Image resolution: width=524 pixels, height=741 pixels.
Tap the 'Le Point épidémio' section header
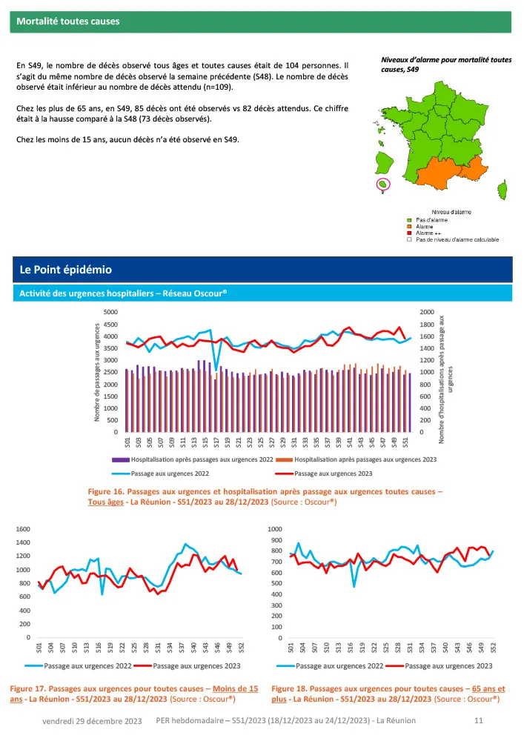[66, 268]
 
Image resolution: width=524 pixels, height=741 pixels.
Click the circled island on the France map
[382, 184]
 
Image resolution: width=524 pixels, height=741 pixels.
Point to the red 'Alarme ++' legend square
[408, 233]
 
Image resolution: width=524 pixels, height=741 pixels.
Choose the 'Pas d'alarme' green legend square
[408, 220]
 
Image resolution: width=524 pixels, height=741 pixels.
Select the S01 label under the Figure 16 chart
[128, 443]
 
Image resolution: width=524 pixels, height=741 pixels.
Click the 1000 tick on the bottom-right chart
[275, 529]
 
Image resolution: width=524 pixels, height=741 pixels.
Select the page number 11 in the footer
[477, 720]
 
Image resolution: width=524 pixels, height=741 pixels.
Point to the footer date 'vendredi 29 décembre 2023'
[93, 721]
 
